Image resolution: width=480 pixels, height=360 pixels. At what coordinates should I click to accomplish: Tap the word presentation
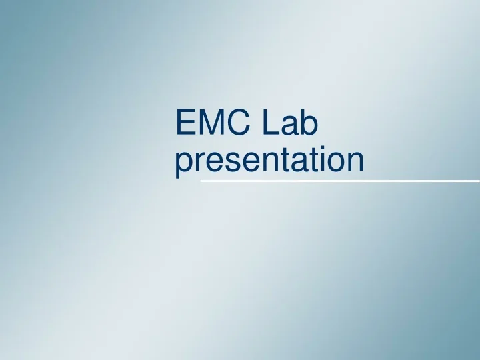pos(269,162)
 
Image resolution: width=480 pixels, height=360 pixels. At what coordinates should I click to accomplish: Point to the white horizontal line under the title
pos(340,181)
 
